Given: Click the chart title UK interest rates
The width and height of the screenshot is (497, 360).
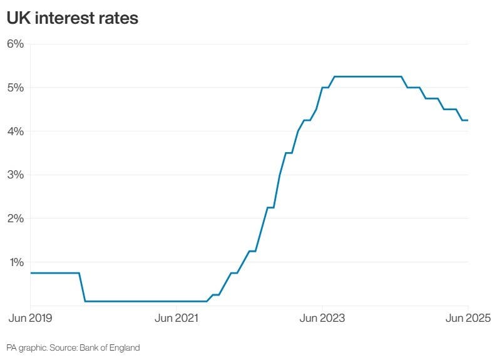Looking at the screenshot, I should [72, 19].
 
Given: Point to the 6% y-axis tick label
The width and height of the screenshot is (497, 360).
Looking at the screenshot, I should [15, 44].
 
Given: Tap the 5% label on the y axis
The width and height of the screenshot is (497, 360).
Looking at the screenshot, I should [15, 88].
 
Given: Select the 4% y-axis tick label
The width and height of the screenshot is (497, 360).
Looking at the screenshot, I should [15, 131].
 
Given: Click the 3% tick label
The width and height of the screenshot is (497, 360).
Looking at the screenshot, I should [15, 175].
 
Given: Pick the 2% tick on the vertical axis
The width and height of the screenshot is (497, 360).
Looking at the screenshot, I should [15, 219].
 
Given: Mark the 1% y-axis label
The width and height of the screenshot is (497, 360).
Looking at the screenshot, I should [15, 262].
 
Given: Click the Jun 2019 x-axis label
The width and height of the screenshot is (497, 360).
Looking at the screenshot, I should [30, 318].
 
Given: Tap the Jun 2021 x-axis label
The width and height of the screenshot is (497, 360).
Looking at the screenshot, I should [177, 318].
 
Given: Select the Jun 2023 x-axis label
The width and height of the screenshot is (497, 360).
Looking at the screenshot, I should [322, 318].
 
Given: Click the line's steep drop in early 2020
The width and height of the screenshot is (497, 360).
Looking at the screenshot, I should [82, 287].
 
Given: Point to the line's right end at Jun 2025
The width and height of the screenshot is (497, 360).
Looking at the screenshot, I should [468, 120].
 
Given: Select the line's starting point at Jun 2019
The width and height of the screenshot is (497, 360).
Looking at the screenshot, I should [31, 273].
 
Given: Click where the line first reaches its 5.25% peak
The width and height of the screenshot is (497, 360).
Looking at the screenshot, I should [334, 76].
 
